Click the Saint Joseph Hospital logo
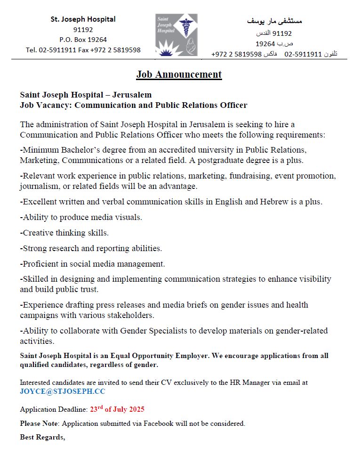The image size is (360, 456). click(176, 34)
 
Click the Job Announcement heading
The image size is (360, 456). click(179, 74)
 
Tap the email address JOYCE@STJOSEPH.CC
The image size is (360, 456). click(63, 391)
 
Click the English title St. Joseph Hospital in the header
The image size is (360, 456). click(83, 19)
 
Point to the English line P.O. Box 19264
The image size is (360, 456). click(83, 40)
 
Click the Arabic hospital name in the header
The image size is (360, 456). click(274, 21)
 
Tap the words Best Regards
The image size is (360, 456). click(42, 437)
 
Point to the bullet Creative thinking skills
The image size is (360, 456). click(64, 233)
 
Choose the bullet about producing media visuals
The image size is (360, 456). click(81, 217)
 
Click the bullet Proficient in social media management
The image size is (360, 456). click(93, 264)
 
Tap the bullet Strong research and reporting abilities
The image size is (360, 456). click(91, 248)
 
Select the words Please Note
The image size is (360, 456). click(39, 423)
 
